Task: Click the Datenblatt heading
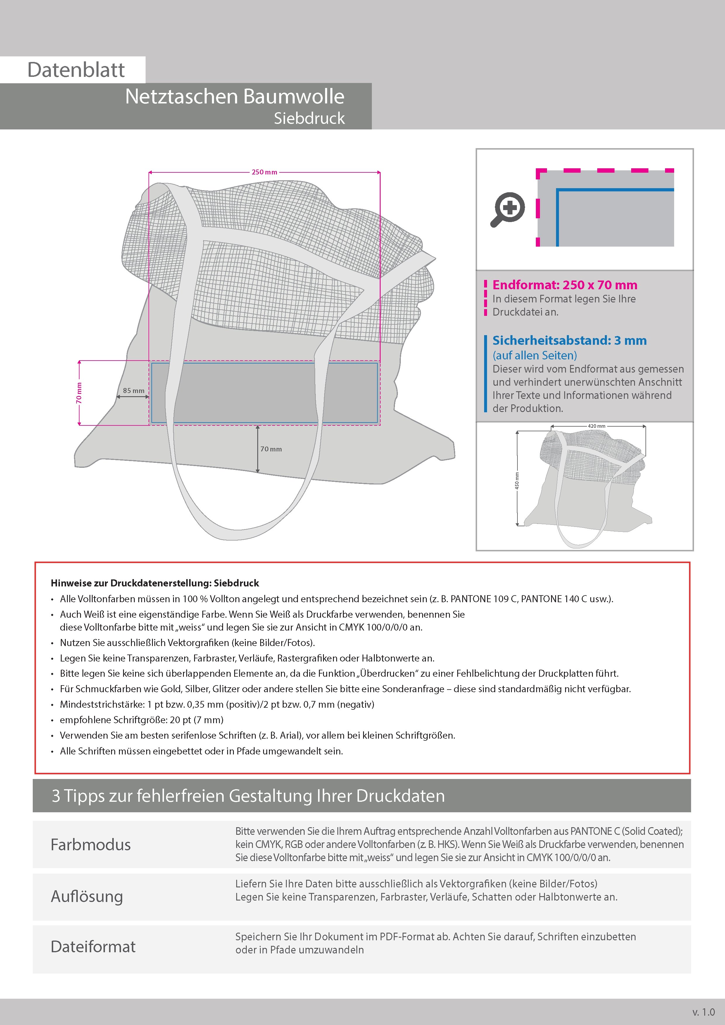tap(76, 70)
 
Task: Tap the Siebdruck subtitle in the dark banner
tap(309, 118)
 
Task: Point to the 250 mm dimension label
tap(265, 172)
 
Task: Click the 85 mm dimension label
tap(134, 391)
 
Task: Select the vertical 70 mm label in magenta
tap(79, 393)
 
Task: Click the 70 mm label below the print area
tap(271, 449)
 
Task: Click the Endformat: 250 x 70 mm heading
tap(565, 285)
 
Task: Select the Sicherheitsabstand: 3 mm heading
tap(569, 340)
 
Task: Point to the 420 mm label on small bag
tap(596, 426)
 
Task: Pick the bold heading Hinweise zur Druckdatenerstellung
tap(155, 583)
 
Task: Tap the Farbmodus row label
tap(91, 845)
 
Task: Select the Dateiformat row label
tap(93, 946)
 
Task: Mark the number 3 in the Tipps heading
tap(56, 796)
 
